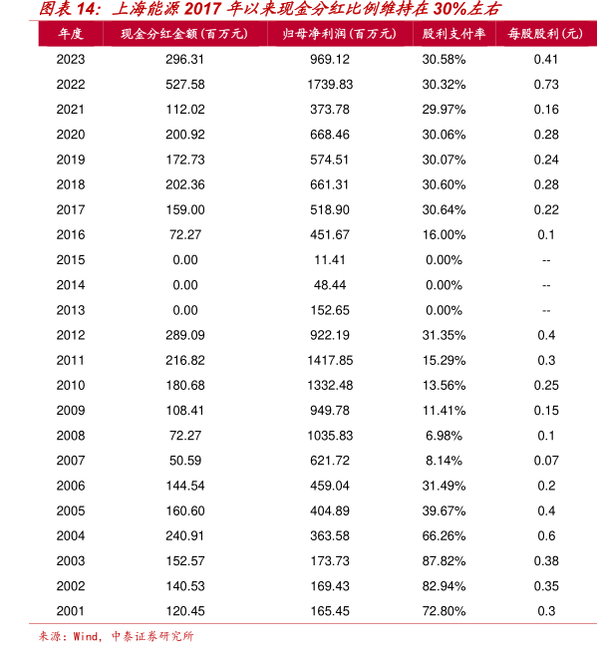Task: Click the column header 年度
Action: pyautogui.click(x=71, y=33)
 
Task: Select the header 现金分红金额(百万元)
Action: pyautogui.click(x=184, y=33)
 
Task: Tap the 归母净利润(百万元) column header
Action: pyautogui.click(x=340, y=33)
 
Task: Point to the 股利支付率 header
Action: pyautogui.click(x=453, y=33)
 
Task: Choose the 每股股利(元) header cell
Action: pyautogui.click(x=545, y=33)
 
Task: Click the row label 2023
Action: pyautogui.click(x=71, y=59)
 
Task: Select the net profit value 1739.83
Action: pyautogui.click(x=330, y=85)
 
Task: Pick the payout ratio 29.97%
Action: pyautogui.click(x=444, y=110)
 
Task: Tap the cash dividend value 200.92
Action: pyautogui.click(x=184, y=135)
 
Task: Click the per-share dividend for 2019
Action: pyautogui.click(x=546, y=160)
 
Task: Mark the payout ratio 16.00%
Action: pyautogui.click(x=444, y=234)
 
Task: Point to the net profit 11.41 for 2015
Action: pyautogui.click(x=330, y=259)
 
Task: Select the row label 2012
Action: pyautogui.click(x=71, y=335)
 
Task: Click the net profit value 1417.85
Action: pyautogui.click(x=330, y=360)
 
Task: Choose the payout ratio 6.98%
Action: pyautogui.click(x=444, y=436)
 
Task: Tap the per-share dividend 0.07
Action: pyautogui.click(x=546, y=461)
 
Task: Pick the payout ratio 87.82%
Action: pyautogui.click(x=444, y=561)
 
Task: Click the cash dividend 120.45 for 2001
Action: pyautogui.click(x=184, y=611)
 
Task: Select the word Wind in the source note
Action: pyautogui.click(x=86, y=636)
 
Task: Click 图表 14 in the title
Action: pyautogui.click(x=69, y=9)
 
